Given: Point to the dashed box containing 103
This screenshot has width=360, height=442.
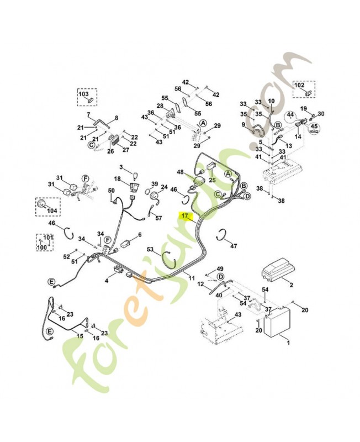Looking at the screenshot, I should click(x=86, y=98).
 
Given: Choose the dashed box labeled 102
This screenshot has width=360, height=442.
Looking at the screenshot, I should click(x=303, y=90).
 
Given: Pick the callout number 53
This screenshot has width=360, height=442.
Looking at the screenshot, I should click(x=150, y=250).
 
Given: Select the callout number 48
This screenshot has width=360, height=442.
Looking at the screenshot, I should click(x=180, y=172).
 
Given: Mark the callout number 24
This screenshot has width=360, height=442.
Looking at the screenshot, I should click(x=164, y=187).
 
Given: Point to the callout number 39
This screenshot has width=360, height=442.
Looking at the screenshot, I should click(x=155, y=184).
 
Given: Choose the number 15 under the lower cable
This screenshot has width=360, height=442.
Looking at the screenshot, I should click(x=80, y=335).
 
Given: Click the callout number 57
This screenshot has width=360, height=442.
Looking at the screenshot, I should click(x=159, y=218).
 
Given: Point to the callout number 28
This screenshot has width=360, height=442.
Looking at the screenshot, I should click(x=160, y=106).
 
